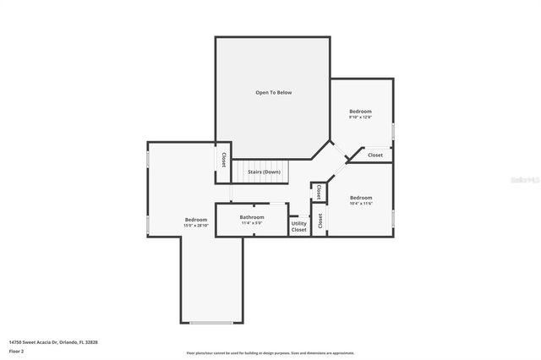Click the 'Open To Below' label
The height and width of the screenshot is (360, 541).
pos(273,92)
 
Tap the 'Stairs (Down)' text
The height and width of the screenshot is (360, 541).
pos(264,172)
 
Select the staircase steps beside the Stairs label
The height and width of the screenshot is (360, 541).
pos(262,172)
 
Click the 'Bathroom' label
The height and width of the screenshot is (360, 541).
pos(252,217)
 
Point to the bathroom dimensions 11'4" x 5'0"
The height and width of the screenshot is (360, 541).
pos(252,223)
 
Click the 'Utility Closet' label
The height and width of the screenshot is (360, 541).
pos(299,226)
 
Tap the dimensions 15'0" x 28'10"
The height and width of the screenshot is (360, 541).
pos(196,226)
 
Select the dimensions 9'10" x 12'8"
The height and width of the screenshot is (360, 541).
pos(360,117)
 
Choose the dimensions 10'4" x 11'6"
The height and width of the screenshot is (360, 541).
pos(361,203)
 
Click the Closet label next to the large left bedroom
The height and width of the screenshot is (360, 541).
pos(224,160)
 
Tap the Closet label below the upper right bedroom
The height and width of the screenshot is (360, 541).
pos(374,155)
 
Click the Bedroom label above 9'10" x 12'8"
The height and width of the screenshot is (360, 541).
pos(360,111)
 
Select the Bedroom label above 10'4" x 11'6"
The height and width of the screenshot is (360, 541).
pos(361,197)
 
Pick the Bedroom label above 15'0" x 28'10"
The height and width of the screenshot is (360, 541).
pos(196,220)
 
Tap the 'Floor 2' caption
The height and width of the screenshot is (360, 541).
pos(17,352)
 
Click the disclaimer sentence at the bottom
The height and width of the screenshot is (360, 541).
pos(270,353)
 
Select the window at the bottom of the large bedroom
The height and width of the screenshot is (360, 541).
pos(211,323)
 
